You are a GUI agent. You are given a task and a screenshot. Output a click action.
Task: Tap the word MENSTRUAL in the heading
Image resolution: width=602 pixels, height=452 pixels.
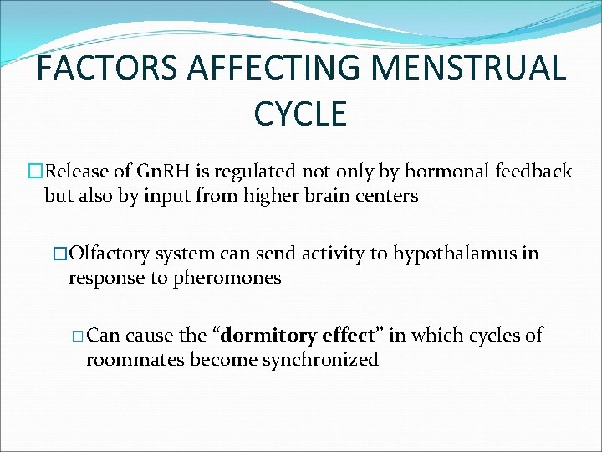tap(477, 68)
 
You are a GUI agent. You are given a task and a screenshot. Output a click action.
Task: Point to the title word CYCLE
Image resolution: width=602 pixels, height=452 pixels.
tap(300, 114)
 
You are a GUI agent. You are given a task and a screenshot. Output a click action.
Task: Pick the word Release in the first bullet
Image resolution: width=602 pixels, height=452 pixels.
tap(78, 172)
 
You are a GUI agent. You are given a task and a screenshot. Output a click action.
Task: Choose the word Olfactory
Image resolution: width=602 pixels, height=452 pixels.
tap(108, 254)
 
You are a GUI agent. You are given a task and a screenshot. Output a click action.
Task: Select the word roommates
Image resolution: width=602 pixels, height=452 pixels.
tap(135, 360)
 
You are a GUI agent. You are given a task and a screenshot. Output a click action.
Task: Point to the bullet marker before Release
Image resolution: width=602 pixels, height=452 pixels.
tap(35, 172)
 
